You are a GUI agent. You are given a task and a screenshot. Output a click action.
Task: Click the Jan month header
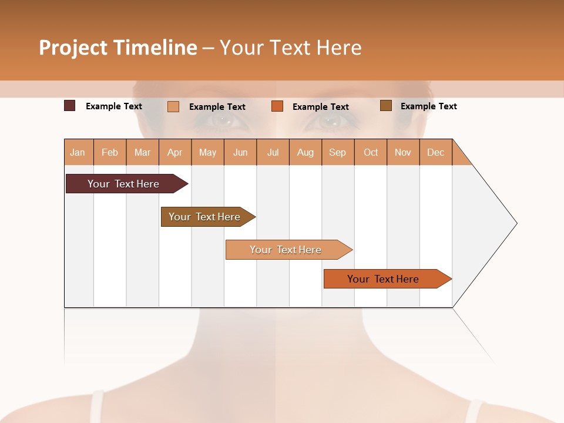(78, 152)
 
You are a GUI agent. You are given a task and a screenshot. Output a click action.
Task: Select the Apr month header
(175, 152)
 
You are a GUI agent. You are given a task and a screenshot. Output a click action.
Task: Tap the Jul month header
(273, 152)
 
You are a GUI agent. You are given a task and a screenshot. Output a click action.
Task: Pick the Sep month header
(338, 152)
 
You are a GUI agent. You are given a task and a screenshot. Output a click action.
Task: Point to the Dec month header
(436, 152)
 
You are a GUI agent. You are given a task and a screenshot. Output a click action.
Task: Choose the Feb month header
(110, 152)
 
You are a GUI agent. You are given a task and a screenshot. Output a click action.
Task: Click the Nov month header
(403, 152)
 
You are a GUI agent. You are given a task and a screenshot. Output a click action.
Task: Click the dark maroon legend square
(70, 106)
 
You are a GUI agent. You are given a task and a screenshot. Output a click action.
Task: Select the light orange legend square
(173, 106)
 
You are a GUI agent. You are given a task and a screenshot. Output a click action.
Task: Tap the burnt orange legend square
(277, 106)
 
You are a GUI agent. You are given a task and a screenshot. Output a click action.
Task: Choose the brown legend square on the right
(386, 106)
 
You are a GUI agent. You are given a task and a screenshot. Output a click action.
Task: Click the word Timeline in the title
(154, 48)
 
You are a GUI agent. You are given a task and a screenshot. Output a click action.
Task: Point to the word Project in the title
(73, 48)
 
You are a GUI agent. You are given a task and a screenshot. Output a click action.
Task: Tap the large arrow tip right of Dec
(488, 223)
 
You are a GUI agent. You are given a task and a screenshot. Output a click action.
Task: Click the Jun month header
(240, 152)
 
